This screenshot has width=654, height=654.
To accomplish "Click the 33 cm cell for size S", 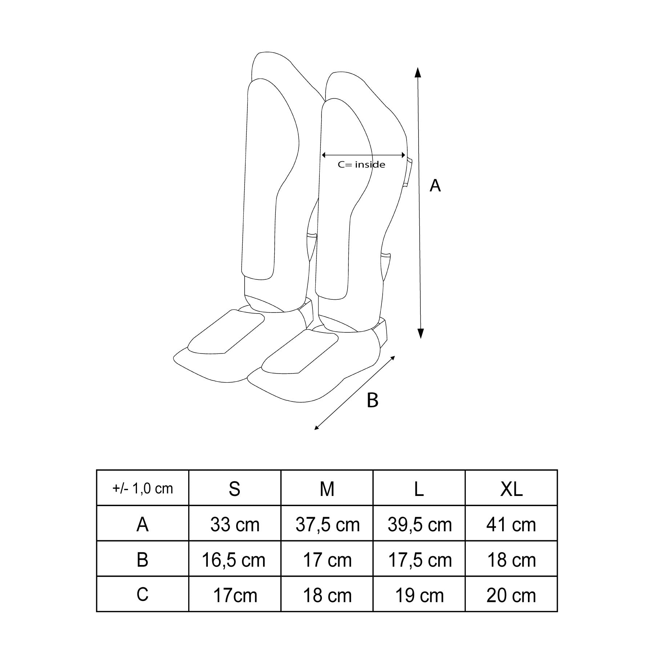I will (235, 525).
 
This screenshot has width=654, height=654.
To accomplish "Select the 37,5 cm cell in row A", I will (327, 525).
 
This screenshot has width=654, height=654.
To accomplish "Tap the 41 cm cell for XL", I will (511, 525).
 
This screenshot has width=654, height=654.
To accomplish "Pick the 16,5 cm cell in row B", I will (234, 560).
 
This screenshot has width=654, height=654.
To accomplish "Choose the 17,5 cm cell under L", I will (420, 560).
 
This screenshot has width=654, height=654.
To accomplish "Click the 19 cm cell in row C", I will (420, 596).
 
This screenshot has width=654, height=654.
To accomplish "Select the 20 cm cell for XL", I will (511, 596).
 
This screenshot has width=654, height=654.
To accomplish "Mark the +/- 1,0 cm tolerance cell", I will (142, 489).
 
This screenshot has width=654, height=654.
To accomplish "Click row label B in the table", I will (142, 560).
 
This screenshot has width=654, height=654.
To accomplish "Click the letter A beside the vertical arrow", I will (435, 186).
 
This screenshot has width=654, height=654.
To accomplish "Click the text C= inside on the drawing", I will (362, 165).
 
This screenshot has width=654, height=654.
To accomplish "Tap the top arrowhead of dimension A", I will (418, 72).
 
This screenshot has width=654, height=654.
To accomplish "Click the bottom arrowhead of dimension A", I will (421, 333).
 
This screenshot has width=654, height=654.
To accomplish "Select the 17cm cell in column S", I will (235, 596).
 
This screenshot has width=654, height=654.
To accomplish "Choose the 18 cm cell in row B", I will (511, 560).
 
